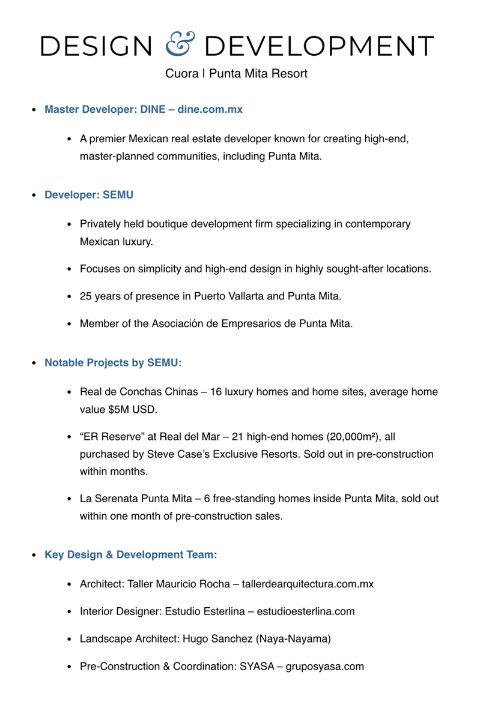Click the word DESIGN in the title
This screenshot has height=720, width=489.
click(x=96, y=46)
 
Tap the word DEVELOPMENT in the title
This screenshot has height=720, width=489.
click(x=323, y=46)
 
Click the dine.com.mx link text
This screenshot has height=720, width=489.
click(x=210, y=110)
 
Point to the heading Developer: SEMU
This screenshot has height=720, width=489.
click(x=89, y=195)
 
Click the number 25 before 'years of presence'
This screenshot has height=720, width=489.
click(x=86, y=296)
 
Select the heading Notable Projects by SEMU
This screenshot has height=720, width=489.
click(x=113, y=364)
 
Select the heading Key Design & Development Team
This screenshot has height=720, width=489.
click(x=130, y=554)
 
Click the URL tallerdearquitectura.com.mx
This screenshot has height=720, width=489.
click(x=308, y=584)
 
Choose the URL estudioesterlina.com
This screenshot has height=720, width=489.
click(x=306, y=611)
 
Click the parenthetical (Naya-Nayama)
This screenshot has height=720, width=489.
click(x=293, y=639)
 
